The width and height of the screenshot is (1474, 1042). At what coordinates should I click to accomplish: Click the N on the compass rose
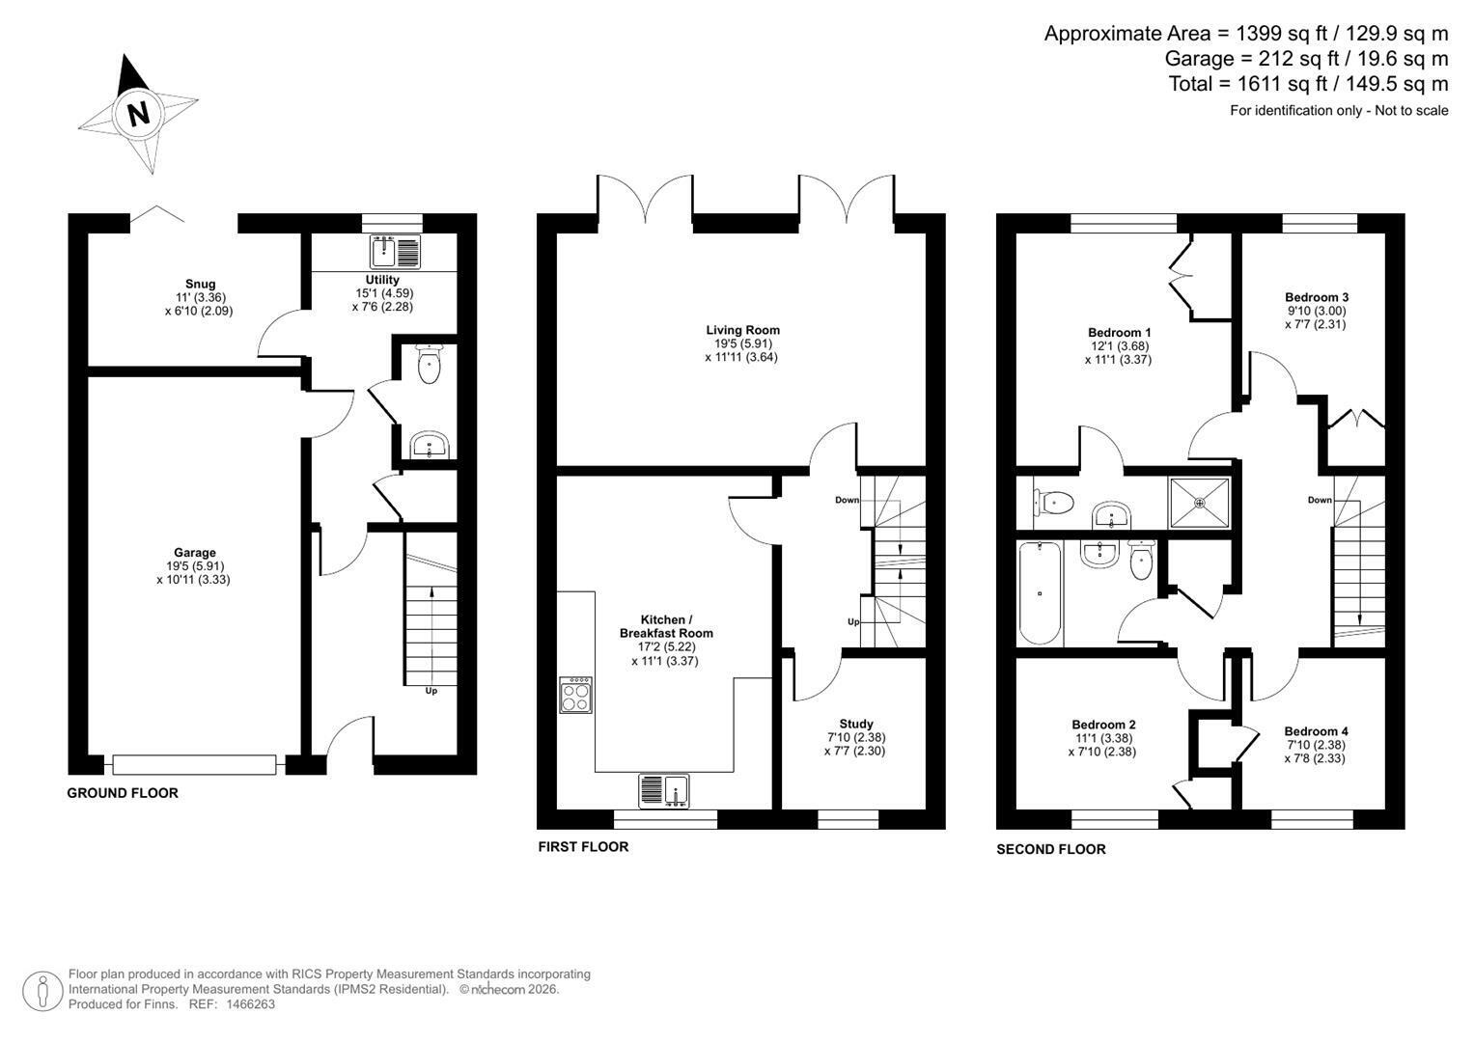click(139, 115)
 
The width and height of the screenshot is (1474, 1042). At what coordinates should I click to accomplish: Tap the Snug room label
click(200, 285)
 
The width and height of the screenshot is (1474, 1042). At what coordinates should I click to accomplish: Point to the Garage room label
click(195, 553)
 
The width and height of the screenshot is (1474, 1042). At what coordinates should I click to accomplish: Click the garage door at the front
click(194, 765)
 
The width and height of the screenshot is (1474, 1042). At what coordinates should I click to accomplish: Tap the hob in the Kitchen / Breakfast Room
click(575, 696)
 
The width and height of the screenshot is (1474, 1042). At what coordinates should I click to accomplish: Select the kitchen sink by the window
click(664, 791)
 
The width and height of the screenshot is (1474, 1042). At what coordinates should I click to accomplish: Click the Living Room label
click(743, 330)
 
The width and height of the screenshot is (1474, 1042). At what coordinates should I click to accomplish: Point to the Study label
click(856, 725)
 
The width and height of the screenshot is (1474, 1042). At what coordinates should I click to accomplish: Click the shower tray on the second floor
click(1200, 504)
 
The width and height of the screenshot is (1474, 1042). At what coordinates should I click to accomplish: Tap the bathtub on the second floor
click(1040, 593)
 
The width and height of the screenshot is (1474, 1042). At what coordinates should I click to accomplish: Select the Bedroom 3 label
click(1317, 297)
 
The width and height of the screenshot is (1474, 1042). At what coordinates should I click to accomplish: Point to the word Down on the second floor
click(1320, 500)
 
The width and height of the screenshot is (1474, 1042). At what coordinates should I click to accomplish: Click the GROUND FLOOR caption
click(123, 793)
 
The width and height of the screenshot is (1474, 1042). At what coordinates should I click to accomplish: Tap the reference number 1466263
click(250, 1004)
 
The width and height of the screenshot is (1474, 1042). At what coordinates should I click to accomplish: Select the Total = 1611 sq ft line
click(1308, 84)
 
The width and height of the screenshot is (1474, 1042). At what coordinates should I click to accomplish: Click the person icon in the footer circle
click(43, 992)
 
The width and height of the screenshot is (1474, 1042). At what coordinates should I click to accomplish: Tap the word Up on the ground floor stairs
click(431, 691)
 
